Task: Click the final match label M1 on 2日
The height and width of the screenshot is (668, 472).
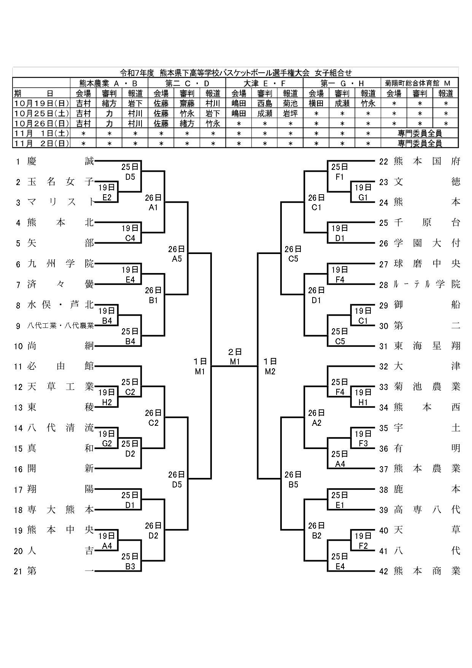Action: pyautogui.click(x=235, y=357)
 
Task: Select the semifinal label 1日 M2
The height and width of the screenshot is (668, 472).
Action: pyautogui.click(x=270, y=366)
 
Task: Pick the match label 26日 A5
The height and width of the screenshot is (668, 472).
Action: pyautogui.click(x=176, y=254)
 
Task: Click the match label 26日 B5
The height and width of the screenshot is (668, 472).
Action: pyautogui.click(x=293, y=479)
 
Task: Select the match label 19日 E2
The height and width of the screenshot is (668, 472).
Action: pyautogui.click(x=107, y=192)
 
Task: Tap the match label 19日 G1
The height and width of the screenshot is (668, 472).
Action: pyautogui.click(x=363, y=192)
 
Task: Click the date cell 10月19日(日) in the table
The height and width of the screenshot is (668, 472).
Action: pyautogui.click(x=41, y=104)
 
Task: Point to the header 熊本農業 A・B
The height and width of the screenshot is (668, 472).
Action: pyautogui.click(x=108, y=83)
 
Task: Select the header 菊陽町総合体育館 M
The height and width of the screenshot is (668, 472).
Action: pyautogui.click(x=420, y=83)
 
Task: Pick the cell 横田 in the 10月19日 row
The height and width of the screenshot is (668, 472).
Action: pyautogui.click(x=316, y=104)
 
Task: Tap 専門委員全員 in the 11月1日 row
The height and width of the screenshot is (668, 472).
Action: pyautogui.click(x=420, y=133)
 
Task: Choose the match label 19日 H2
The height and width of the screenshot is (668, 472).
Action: pyautogui.click(x=107, y=397)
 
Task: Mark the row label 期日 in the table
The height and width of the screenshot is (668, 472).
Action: pyautogui.click(x=41, y=94)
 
